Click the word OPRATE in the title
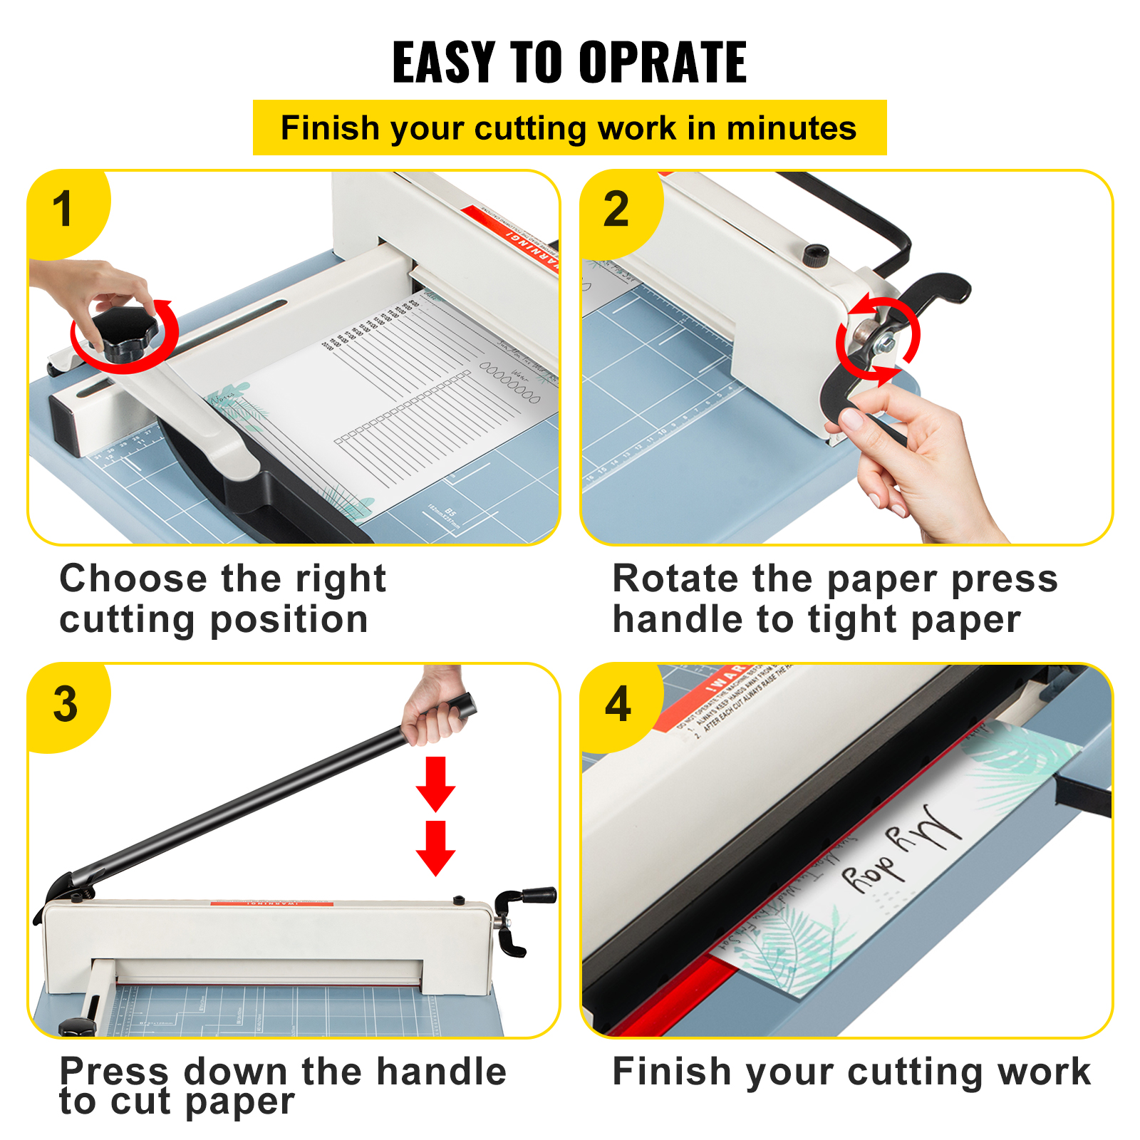pos(662,63)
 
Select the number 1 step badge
pos(64,209)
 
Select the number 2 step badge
pos(616,209)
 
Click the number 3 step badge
pos(65,704)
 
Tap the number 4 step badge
pos(618,704)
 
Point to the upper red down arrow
pos(435,784)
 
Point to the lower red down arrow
pos(435,848)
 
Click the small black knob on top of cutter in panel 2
pos(816,254)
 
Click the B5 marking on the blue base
pos(450,512)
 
